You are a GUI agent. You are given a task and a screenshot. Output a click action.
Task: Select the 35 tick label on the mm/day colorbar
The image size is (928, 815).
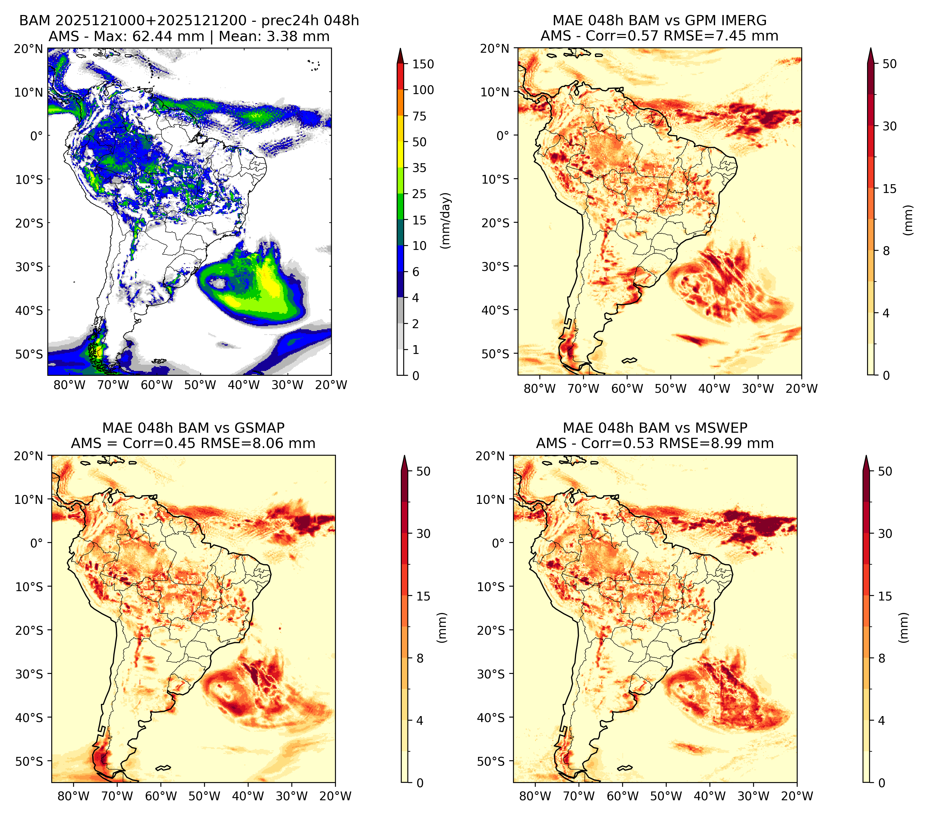[419, 168]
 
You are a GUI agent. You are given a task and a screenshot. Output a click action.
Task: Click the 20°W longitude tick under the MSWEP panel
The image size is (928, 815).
[797, 796]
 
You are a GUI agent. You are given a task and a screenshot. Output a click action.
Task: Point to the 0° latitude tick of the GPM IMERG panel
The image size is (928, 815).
[503, 135]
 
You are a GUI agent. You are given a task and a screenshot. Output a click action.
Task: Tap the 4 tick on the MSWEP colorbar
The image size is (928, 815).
[882, 721]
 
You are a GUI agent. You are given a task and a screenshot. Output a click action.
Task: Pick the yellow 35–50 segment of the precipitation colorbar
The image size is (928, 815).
[401, 155]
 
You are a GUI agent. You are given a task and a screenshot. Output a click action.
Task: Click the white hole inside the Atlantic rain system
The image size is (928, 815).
[219, 284]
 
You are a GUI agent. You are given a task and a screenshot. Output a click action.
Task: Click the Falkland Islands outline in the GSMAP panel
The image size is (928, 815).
[162, 768]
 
